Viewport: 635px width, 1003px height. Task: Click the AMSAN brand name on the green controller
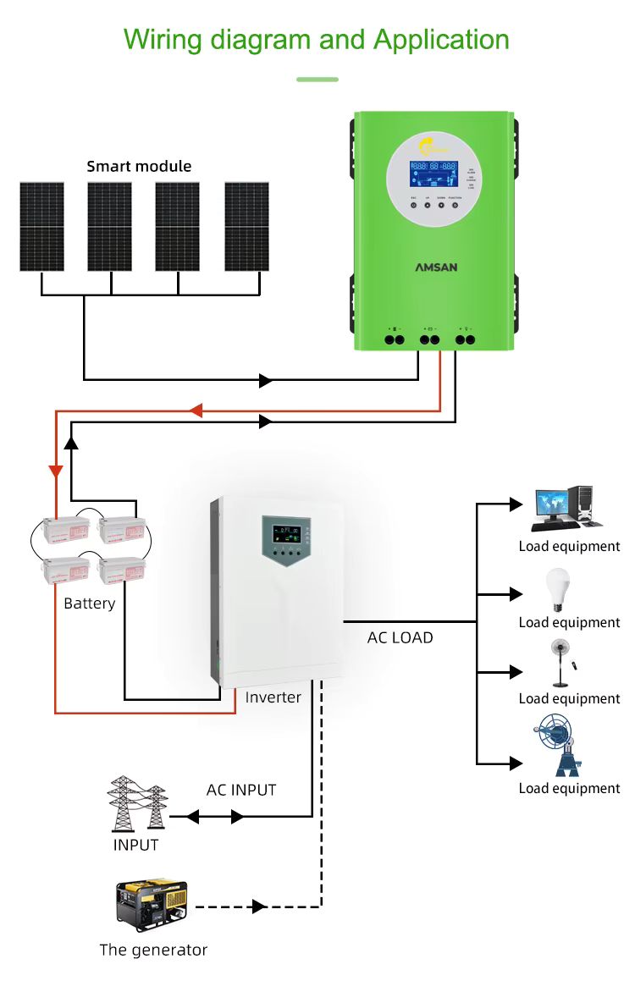pyautogui.click(x=436, y=267)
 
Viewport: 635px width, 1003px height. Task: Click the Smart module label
pyautogui.click(x=139, y=166)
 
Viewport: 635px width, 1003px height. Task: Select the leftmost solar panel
pyautogui.click(x=41, y=227)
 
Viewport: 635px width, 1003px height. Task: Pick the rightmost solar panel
pyautogui.click(x=246, y=227)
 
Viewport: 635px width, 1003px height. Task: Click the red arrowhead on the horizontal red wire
pyautogui.click(x=196, y=411)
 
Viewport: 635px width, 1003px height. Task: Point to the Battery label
pyautogui.click(x=90, y=603)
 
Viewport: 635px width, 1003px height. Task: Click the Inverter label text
pyautogui.click(x=273, y=697)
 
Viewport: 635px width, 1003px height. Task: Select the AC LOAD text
pyautogui.click(x=400, y=637)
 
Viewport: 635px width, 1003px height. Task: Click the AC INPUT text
pyautogui.click(x=241, y=790)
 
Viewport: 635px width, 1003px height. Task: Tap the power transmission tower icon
pyautogui.click(x=136, y=805)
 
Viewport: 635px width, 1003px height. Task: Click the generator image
pyautogui.click(x=152, y=905)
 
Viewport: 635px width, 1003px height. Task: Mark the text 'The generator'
pyautogui.click(x=153, y=950)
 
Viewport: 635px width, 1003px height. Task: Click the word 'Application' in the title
pyautogui.click(x=441, y=39)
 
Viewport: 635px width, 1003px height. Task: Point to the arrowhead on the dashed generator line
pyautogui.click(x=259, y=907)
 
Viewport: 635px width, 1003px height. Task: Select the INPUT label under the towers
pyautogui.click(x=136, y=845)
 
